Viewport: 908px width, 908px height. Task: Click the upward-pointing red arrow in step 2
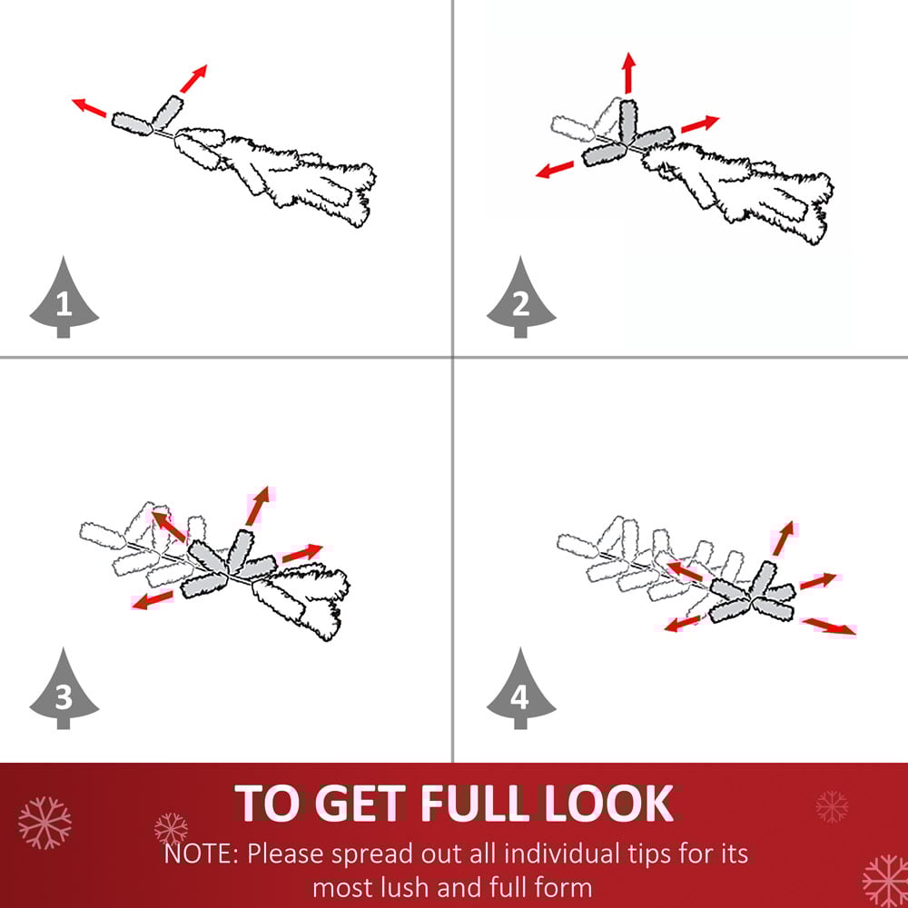point(629,73)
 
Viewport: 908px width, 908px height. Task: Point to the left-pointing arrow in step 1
point(90,108)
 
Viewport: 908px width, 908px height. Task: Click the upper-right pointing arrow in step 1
point(193,79)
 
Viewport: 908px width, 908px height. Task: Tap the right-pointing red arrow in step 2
point(700,123)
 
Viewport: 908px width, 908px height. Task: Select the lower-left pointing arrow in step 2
point(555,170)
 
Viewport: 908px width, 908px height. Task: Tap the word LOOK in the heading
point(608,804)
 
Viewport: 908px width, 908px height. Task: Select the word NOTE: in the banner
point(201,854)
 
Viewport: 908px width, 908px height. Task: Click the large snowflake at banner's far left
point(44,823)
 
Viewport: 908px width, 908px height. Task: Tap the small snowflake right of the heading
point(832,806)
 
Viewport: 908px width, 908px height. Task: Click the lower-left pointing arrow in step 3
point(153,600)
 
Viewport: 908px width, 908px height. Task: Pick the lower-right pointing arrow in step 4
point(829,626)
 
